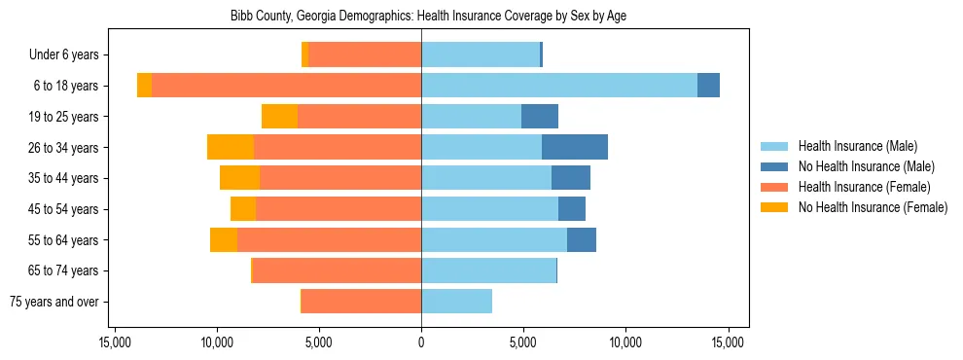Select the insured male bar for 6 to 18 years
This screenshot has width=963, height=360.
(x=559, y=86)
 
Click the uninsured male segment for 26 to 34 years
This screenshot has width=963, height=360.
(x=575, y=147)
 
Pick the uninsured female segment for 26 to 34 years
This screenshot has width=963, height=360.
(x=231, y=147)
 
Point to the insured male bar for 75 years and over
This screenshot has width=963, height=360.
(x=456, y=302)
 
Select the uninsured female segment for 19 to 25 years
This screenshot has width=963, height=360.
(x=279, y=117)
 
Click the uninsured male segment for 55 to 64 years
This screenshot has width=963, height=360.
(x=582, y=240)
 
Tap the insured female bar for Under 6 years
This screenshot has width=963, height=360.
(x=365, y=54)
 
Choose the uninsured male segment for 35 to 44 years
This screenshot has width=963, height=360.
(x=571, y=178)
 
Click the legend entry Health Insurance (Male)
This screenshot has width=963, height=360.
(x=856, y=146)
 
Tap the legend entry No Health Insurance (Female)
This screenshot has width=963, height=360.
(x=872, y=207)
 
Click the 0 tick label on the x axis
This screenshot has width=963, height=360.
(x=421, y=342)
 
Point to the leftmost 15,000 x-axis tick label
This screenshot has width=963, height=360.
(x=115, y=342)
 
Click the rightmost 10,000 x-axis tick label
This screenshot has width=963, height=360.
(x=625, y=342)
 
